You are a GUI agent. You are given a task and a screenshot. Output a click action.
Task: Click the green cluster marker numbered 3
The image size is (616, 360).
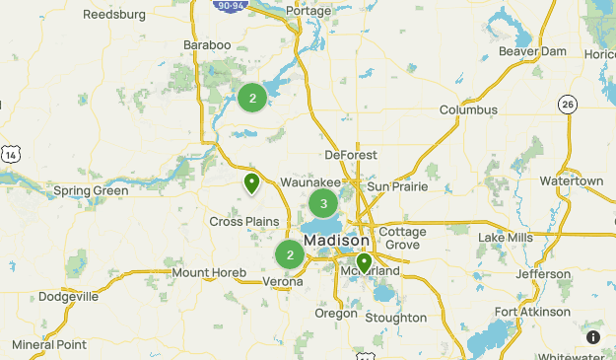coord(323,204)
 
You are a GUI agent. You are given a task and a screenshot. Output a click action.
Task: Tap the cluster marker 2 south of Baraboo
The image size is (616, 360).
coord(252,98)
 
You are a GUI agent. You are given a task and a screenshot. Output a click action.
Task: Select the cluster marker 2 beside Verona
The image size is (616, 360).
coord(290,255)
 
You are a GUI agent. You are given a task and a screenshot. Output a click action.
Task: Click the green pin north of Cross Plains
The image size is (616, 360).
coord(252,182)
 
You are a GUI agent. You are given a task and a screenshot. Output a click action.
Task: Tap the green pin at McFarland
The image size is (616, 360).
coord(364,262)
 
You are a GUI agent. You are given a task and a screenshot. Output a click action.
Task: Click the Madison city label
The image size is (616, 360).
coord(337,241)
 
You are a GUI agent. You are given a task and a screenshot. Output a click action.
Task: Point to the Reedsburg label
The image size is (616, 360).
coord(114,15)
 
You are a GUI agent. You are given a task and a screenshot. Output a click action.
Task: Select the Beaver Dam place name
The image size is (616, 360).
coord(532,51)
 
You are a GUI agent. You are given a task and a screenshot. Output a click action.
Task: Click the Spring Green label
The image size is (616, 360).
coord(90,190)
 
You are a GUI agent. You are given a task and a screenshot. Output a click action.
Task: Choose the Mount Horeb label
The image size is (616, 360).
coord(205,272)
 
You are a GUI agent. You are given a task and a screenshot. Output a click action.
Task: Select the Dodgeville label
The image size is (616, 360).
coord(69,296)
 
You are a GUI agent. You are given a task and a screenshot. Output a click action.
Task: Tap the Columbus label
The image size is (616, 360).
coord(468,109)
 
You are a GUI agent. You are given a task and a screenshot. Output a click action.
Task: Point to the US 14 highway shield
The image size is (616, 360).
coord(10,154)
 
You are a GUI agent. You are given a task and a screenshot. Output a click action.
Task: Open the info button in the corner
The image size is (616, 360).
coord(593,337)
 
